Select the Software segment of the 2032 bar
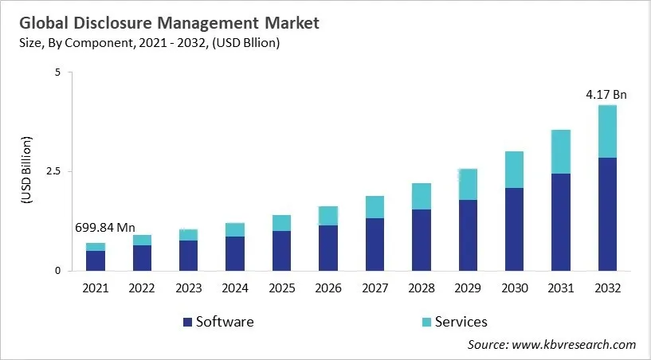click(x=606, y=213)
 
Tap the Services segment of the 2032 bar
click(x=606, y=131)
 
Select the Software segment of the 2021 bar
click(x=96, y=260)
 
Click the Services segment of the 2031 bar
click(x=560, y=151)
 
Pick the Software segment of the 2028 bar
click(x=421, y=240)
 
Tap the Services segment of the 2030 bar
click(x=514, y=170)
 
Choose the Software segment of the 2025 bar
click(x=281, y=250)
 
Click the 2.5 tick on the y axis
click(x=52, y=171)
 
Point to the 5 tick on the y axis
click(x=57, y=72)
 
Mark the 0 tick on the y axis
click(x=57, y=271)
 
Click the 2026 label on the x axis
click(x=327, y=288)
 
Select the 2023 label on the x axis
click(x=188, y=288)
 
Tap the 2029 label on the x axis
click(x=467, y=288)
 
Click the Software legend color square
click(x=187, y=322)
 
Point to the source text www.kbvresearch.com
click(x=574, y=344)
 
